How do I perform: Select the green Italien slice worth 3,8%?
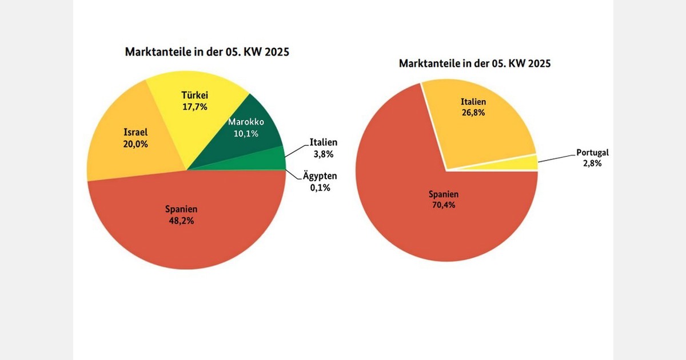coord(272,159)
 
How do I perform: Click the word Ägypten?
coord(320,177)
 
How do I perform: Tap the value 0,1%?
coord(320,187)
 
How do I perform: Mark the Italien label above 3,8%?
coord(323,142)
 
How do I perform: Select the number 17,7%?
coord(194,106)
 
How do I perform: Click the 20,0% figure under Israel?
coord(135,144)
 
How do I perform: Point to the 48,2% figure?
coord(181,221)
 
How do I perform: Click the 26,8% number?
coord(473,113)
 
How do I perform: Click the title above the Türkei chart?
coord(207,52)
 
